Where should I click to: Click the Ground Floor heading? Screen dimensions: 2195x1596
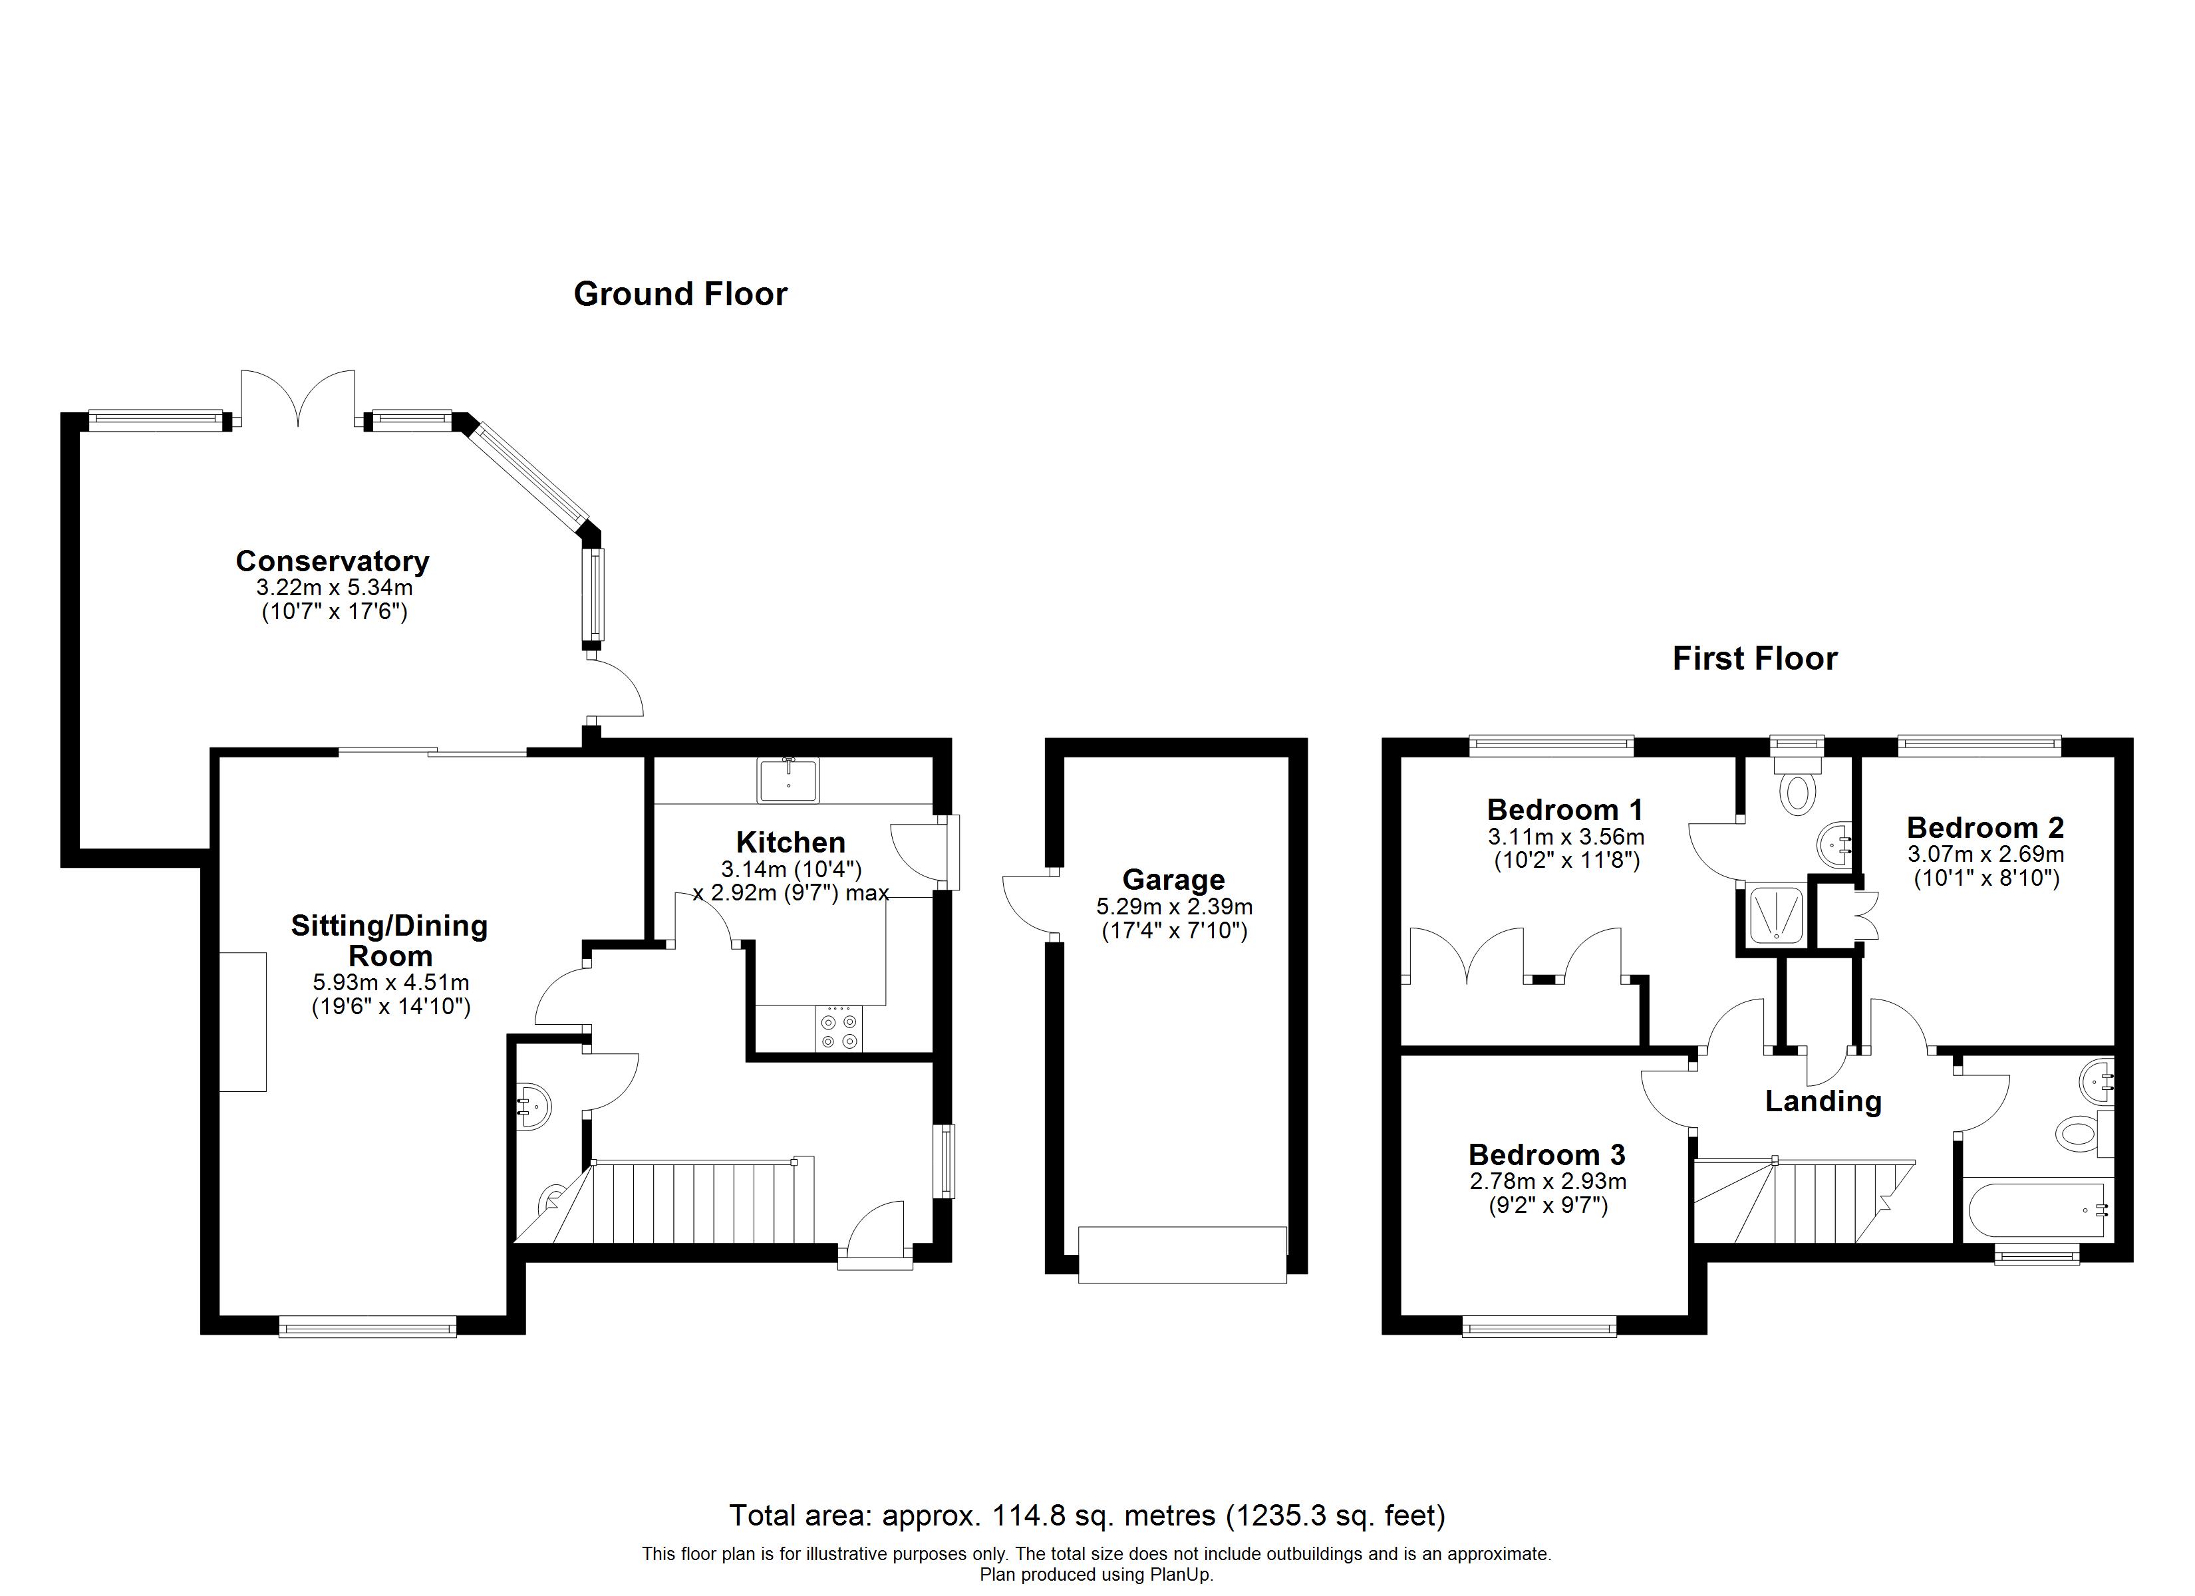tap(680, 294)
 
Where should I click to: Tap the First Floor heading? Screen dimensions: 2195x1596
tap(1755, 659)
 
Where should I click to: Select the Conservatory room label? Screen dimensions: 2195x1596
tap(332, 561)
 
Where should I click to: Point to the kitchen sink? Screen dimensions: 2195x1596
tap(789, 780)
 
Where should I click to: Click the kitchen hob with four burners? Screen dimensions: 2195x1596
tap(838, 1029)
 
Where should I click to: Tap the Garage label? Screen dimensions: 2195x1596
tap(1173, 880)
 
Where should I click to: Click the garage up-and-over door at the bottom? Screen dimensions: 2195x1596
tap(1182, 1256)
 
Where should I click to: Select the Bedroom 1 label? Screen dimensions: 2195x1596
tap(1565, 809)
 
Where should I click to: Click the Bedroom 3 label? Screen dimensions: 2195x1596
tap(1546, 1154)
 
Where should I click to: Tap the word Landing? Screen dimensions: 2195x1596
tap(1823, 1101)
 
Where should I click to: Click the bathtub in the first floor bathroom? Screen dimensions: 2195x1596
tap(2035, 1209)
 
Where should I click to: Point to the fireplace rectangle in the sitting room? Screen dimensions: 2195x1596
tap(243, 1022)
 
